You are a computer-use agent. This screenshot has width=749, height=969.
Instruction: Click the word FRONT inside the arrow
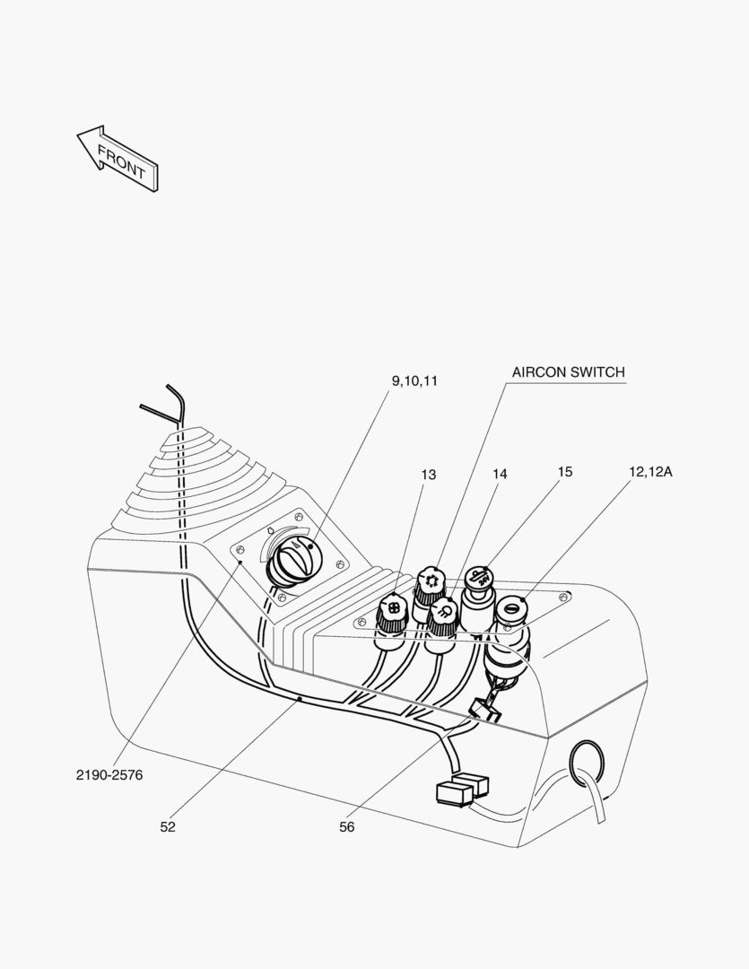121,161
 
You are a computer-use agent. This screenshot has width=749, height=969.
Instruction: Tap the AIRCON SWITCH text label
568,372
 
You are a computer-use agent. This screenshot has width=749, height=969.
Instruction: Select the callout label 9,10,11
414,380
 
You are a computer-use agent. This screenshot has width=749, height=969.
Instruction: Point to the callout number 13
429,475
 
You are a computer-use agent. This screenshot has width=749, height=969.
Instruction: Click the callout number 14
500,474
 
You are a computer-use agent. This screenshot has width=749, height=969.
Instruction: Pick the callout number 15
564,471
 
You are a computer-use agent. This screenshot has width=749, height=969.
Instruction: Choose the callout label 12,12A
650,470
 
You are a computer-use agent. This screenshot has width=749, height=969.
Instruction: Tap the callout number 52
168,827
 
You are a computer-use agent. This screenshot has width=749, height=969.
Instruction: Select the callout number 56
347,827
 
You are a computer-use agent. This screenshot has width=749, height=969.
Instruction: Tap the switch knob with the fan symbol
391,609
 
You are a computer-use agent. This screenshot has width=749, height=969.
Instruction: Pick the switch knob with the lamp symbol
443,614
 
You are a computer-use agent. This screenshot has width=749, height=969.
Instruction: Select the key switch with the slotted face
512,609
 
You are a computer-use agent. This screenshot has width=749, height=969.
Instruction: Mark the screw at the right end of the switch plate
563,598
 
